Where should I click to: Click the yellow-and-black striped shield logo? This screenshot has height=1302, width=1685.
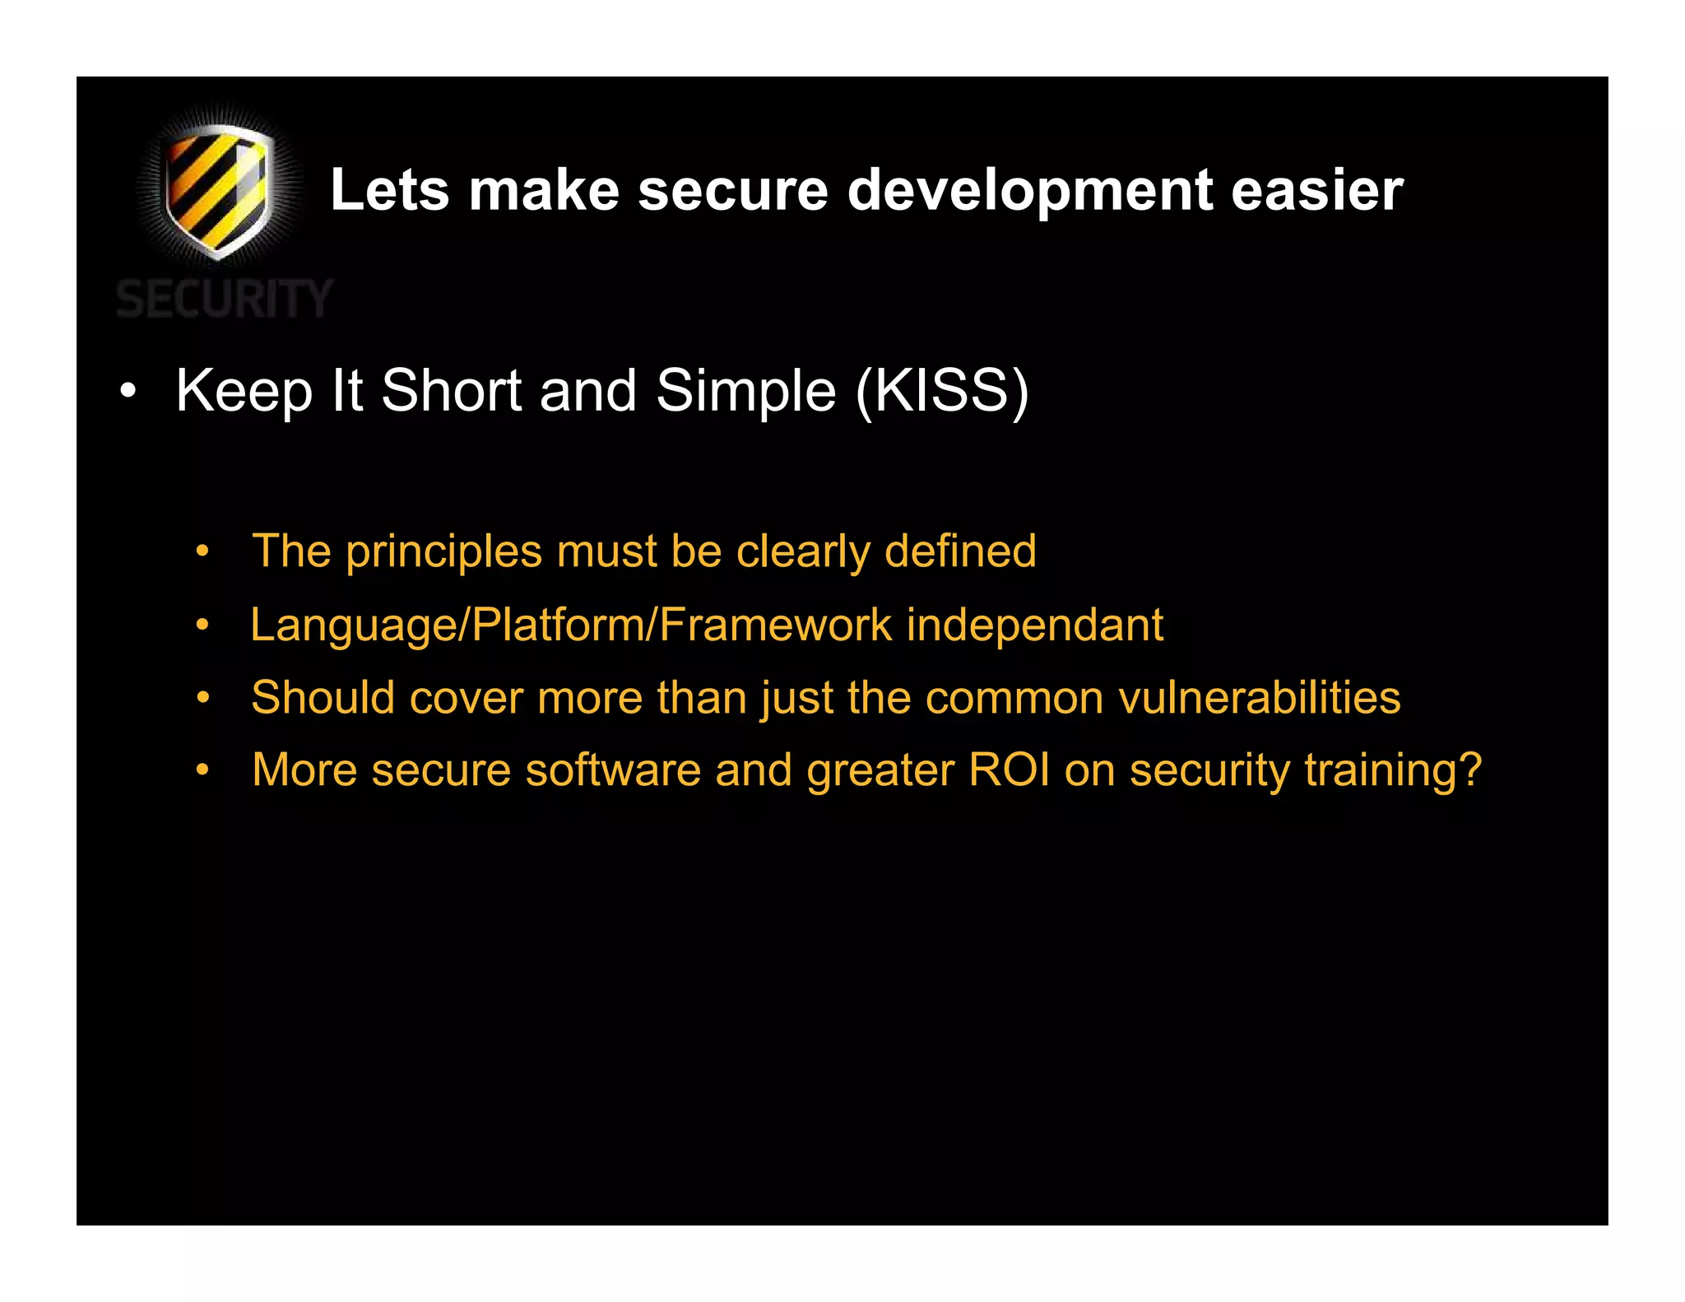tap(217, 191)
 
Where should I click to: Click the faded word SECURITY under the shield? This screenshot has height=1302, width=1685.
tap(224, 299)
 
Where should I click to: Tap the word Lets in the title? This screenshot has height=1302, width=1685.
tap(389, 190)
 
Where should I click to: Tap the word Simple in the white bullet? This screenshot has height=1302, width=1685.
tap(745, 392)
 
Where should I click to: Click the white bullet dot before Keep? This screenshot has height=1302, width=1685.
tap(127, 392)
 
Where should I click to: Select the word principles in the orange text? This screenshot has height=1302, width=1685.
tap(444, 552)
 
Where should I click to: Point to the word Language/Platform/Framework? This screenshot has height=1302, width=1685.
tap(571, 625)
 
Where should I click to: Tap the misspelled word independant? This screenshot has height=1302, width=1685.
tap(1035, 625)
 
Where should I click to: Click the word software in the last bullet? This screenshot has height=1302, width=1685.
tap(613, 770)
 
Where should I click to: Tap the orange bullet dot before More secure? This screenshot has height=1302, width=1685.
tap(203, 771)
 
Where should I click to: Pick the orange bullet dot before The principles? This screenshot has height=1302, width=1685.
tap(203, 551)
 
